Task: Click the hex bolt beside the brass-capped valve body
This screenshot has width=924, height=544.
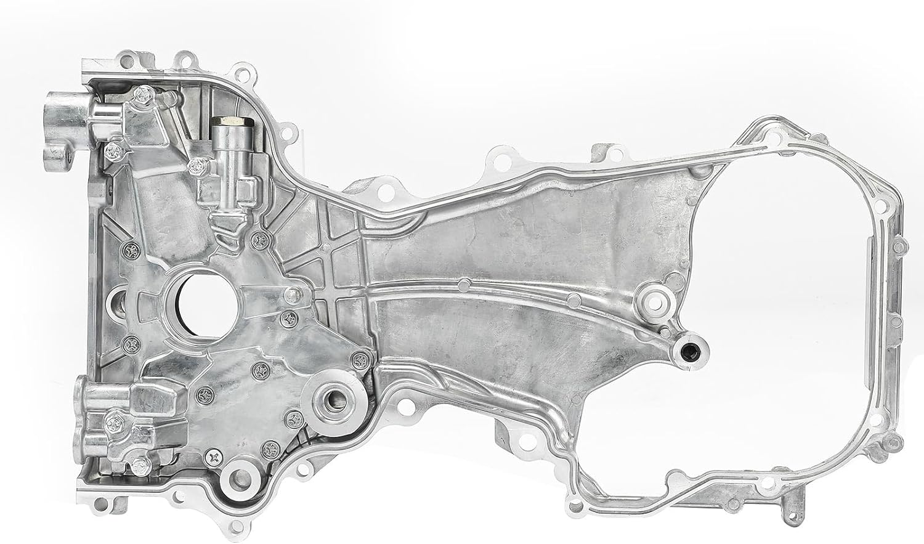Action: (x=197, y=163)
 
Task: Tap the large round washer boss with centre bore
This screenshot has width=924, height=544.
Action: (x=336, y=401)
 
